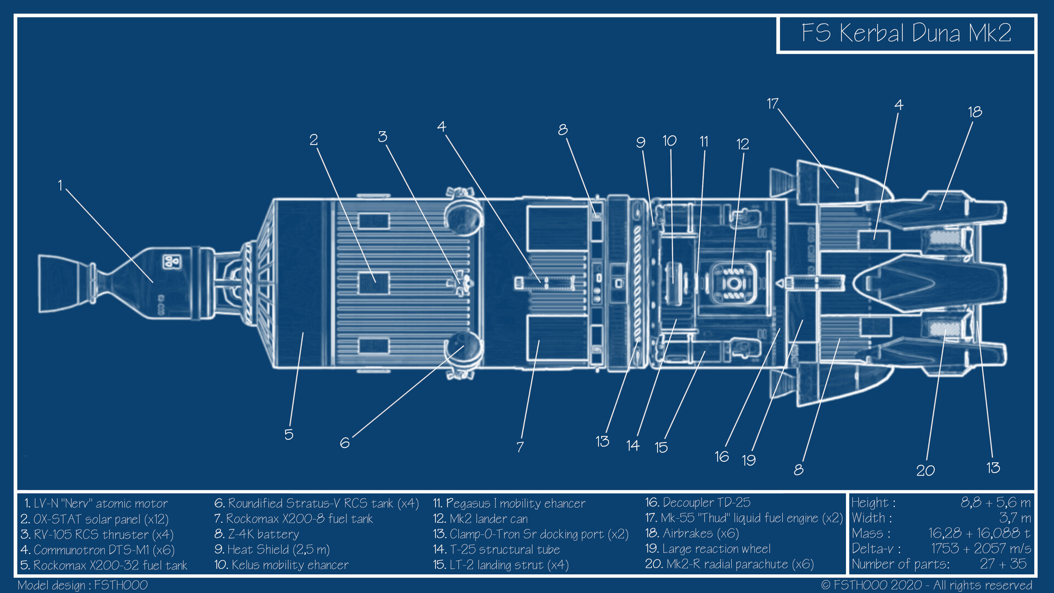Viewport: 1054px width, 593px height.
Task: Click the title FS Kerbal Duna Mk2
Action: coord(906,33)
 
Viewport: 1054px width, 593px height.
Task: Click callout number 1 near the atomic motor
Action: coord(60,186)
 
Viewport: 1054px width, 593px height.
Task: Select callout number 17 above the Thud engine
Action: coord(772,103)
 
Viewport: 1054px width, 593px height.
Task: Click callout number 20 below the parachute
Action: coord(925,471)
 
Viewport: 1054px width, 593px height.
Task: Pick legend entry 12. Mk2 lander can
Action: coord(480,519)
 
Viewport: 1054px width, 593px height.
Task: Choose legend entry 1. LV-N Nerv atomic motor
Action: coord(94,504)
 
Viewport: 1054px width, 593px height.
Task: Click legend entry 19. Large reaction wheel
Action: coord(708,549)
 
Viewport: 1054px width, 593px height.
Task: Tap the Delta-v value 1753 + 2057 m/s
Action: coord(980,549)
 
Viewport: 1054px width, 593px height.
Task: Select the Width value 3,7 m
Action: coord(1014,518)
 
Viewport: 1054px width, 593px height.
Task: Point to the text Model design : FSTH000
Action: coord(82,585)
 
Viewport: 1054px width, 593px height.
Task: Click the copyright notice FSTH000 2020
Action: coord(926,585)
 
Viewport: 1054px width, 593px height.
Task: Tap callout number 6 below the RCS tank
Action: coord(344,443)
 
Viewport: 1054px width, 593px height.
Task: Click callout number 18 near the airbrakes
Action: coord(974,112)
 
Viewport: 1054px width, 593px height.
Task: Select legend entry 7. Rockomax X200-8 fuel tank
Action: coord(293,519)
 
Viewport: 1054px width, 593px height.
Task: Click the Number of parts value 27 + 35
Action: coord(1003,564)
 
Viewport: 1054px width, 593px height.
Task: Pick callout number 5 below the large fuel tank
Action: coord(289,434)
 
